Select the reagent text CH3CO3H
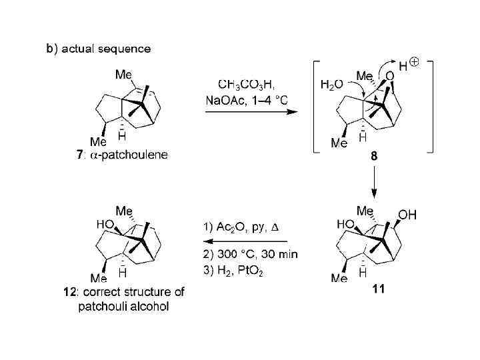click(x=245, y=84)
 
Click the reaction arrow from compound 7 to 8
click(x=249, y=113)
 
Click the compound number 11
click(x=377, y=290)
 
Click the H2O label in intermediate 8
click(x=331, y=83)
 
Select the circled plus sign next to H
click(x=414, y=63)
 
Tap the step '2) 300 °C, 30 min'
click(x=249, y=254)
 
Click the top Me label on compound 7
click(x=124, y=75)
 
